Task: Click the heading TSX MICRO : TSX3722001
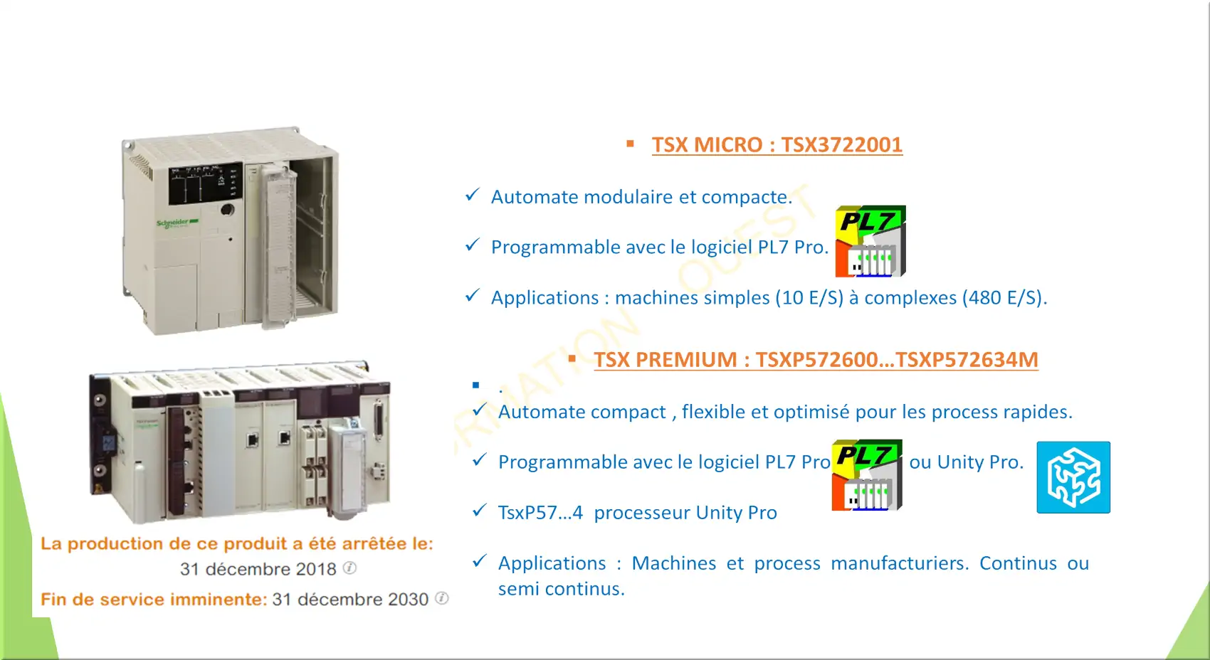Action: (x=777, y=144)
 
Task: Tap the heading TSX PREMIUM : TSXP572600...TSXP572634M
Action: (x=816, y=359)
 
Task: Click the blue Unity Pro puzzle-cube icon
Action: (x=1073, y=477)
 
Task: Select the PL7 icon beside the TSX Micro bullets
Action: (x=870, y=241)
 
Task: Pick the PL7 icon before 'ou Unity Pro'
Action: (x=867, y=475)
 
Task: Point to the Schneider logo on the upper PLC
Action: (x=177, y=223)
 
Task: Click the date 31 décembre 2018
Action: (x=258, y=569)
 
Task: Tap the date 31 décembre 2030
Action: (x=350, y=599)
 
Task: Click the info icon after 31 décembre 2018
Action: (x=349, y=568)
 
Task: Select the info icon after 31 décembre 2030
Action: (x=442, y=598)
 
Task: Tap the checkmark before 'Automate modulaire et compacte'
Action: (x=472, y=194)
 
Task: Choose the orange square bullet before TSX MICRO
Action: (x=630, y=144)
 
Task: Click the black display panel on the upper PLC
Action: (x=205, y=183)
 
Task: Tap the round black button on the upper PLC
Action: (x=228, y=209)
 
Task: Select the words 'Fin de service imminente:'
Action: (x=154, y=599)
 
